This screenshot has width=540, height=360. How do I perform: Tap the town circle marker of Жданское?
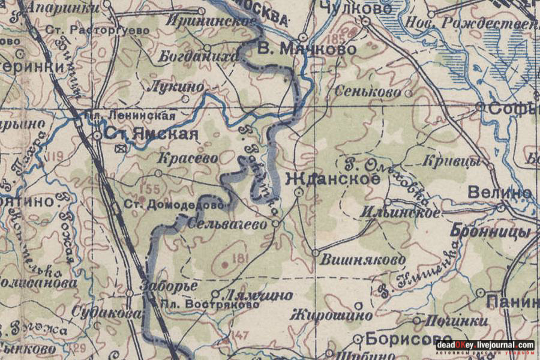(299, 192)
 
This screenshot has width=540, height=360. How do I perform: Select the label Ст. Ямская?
(151, 134)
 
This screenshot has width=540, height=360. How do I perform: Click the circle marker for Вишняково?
(316, 253)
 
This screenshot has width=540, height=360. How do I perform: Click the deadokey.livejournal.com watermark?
(485, 345)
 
